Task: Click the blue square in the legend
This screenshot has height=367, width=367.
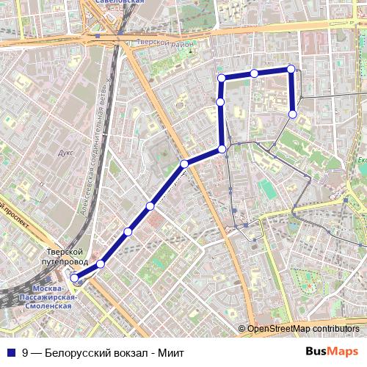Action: point(10,352)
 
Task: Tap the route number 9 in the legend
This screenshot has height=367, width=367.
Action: point(26,352)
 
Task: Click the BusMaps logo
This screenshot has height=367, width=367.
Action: point(332,351)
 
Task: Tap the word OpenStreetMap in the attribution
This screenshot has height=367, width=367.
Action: point(278,328)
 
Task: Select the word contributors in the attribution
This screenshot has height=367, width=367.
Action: point(335,328)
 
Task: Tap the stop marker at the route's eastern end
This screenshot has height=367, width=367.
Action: point(292,115)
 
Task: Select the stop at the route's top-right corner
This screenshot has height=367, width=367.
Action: point(291,69)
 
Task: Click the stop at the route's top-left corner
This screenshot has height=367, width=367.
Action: point(220,78)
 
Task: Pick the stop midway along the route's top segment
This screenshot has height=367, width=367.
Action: point(253,73)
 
